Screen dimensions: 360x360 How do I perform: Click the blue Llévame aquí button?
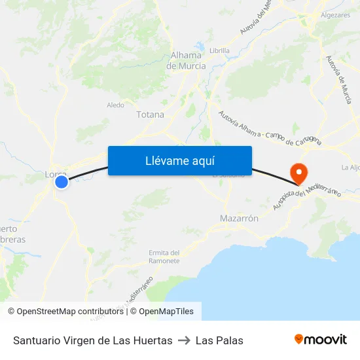pos(179,160)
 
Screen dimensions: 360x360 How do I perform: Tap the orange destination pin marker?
pos(298,173)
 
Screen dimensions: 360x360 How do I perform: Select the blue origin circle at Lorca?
pos(61,182)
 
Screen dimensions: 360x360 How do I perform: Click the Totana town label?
pos(150,115)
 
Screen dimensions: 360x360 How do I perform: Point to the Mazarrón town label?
pos(240,218)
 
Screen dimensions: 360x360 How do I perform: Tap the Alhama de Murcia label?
pos(186,61)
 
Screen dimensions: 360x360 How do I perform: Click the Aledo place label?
pos(115,105)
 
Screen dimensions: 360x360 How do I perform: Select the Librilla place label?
pos(219,50)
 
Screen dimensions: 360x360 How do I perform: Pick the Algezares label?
pos(335,14)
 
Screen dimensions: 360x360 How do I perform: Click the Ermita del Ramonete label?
pos(164,257)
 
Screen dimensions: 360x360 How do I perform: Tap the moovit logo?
pos(321,340)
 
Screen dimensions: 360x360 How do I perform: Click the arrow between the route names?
pos(184,340)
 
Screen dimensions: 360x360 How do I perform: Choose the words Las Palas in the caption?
pos(219,340)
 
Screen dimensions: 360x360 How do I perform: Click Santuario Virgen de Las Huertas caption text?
pos(92,340)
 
